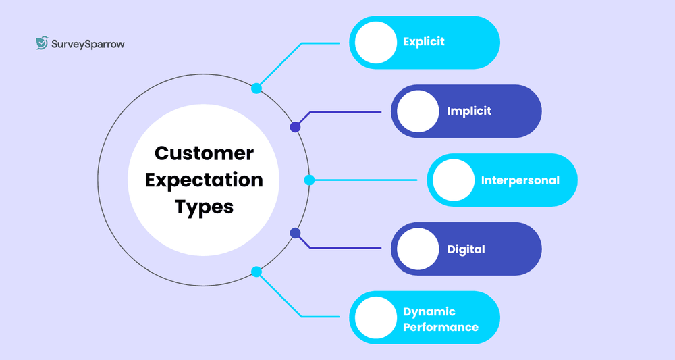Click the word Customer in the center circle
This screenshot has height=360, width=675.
coord(204,153)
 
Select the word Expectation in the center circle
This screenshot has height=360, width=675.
coord(204,180)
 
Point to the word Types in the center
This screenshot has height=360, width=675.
coord(204,206)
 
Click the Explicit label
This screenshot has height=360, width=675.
coord(424,42)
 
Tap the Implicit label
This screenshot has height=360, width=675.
coord(469,111)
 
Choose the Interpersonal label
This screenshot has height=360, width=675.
coord(520,180)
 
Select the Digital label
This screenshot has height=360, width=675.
coord(466,249)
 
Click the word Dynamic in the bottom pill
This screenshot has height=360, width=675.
coord(429,312)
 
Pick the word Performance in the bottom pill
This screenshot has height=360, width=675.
coord(441,327)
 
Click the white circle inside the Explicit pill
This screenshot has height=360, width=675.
coord(375,42)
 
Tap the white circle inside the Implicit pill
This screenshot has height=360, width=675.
coord(418,111)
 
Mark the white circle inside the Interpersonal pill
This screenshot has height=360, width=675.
coord(454,180)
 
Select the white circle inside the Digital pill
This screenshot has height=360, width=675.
coord(418,249)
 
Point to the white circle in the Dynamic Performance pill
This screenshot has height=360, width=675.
coord(375,318)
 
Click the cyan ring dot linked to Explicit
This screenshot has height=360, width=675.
coord(256,88)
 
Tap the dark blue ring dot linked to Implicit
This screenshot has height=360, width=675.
coord(295,127)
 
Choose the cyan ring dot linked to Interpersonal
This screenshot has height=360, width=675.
coord(309,180)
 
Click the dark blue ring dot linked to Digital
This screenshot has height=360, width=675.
coord(295,233)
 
